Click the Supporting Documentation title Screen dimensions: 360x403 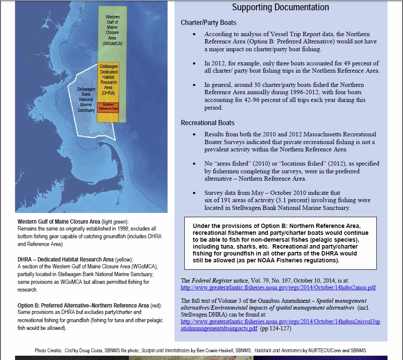click(x=281, y=7)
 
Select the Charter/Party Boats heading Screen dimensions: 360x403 click(x=208, y=22)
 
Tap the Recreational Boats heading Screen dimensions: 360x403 click(x=208, y=123)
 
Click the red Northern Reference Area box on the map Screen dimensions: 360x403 click(x=107, y=107)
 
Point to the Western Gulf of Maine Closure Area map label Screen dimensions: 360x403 click(x=113, y=30)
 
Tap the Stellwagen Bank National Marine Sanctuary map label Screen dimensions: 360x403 click(x=86, y=99)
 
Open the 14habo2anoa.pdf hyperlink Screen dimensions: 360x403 click(x=278, y=288)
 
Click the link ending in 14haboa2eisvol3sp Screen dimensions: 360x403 click(x=280, y=321)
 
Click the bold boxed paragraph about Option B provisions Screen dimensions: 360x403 click(x=280, y=243)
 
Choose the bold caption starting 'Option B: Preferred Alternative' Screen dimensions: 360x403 click(x=89, y=305)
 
